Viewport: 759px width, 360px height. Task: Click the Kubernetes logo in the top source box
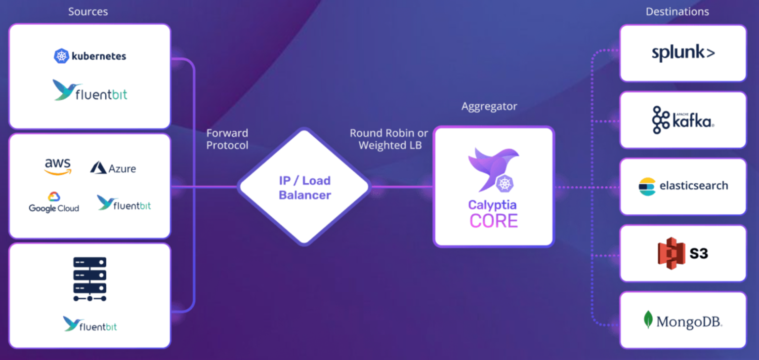coord(90,56)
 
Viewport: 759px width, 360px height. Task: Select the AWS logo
coord(58,166)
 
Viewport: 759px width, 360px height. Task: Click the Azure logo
coord(113,168)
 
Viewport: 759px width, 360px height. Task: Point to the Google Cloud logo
coord(54,203)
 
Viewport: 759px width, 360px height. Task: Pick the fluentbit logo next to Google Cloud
coord(124,203)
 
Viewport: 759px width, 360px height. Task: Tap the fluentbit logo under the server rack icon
coord(90,324)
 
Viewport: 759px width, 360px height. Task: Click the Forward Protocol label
coord(227,139)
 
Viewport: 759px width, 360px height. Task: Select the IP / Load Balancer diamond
coord(304,187)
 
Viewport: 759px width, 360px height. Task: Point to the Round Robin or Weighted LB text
coord(389,139)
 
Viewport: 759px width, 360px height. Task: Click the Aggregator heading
coord(489,106)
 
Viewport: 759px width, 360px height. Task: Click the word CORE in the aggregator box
coord(494,221)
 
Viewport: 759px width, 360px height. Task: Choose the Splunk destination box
coord(683,53)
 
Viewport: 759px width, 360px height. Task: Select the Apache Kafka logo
coord(683,120)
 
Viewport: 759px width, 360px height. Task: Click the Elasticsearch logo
coord(683,186)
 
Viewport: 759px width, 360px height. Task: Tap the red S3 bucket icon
coord(671,253)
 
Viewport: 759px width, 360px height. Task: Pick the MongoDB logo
coord(683,321)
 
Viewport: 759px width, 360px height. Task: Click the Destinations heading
coord(677,11)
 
